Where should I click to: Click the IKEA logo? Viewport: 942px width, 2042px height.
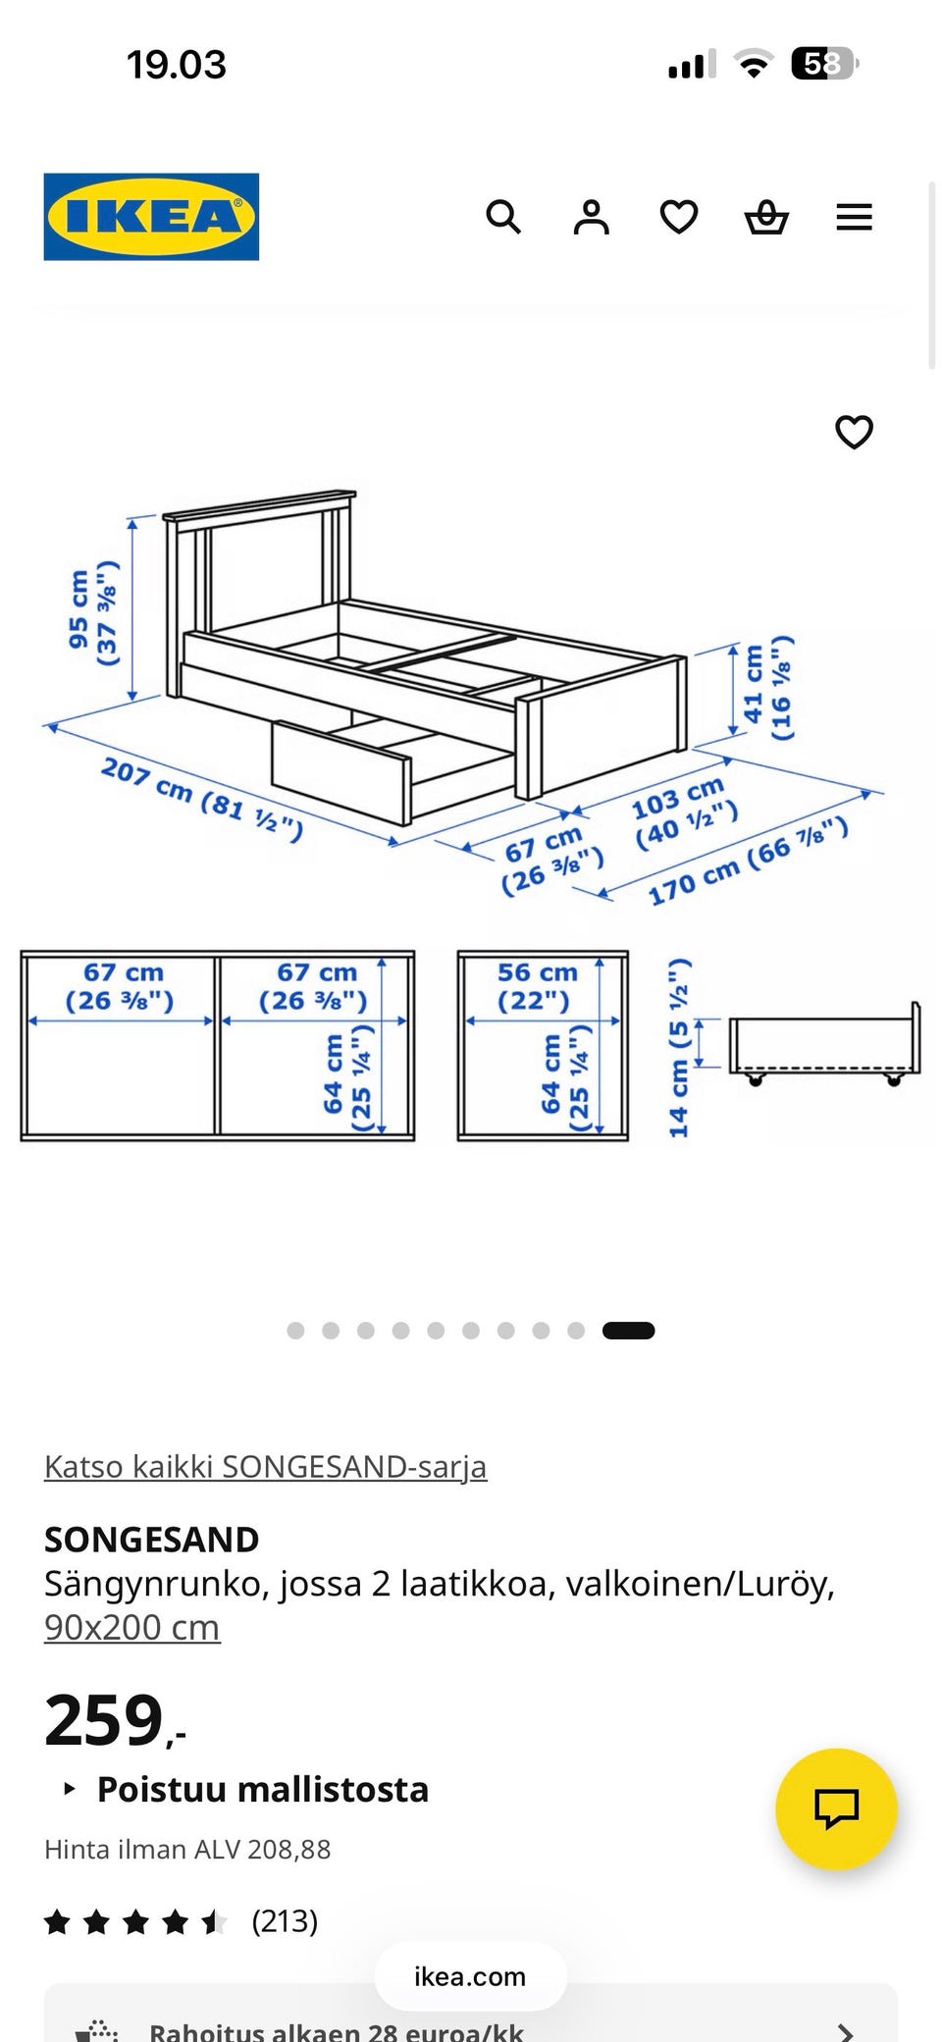pos(151,217)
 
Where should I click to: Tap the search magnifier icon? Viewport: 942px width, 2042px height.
pos(503,217)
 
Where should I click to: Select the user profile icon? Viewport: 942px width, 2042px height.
pos(591,217)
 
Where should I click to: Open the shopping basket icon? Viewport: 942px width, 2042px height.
pos(766,217)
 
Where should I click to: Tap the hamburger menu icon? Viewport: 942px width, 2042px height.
pos(854,217)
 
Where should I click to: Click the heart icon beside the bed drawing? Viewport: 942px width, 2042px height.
pos(854,432)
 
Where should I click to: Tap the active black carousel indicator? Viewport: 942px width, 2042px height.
pos(628,1331)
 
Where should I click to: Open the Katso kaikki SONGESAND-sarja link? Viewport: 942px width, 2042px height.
pos(265,1466)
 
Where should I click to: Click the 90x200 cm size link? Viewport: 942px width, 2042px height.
pos(131,1627)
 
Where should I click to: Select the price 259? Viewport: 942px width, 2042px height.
pos(105,1721)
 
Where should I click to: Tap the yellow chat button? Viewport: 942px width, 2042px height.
pos(836,1808)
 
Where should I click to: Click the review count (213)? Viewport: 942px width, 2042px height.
pos(285,1920)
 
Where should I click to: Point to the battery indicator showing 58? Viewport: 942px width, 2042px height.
pos(823,65)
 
